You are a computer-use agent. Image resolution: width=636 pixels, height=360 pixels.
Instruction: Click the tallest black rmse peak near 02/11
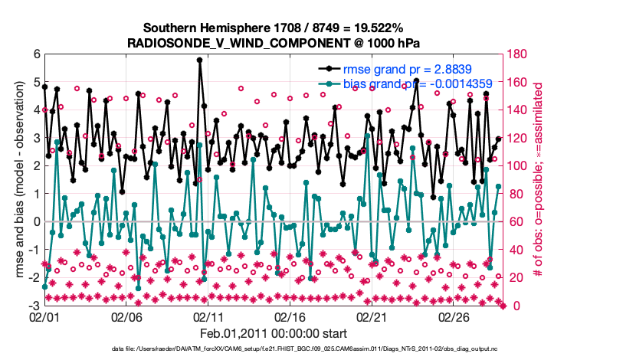point(199,60)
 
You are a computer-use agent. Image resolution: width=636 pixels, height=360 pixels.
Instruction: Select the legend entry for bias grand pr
point(371,83)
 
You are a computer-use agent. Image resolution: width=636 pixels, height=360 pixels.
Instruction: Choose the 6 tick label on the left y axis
point(35,54)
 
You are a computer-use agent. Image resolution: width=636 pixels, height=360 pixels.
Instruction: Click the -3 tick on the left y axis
point(33,305)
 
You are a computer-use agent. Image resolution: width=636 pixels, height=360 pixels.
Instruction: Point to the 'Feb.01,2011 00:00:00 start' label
point(274,333)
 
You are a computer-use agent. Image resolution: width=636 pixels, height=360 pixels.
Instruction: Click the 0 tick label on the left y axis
point(35,221)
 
